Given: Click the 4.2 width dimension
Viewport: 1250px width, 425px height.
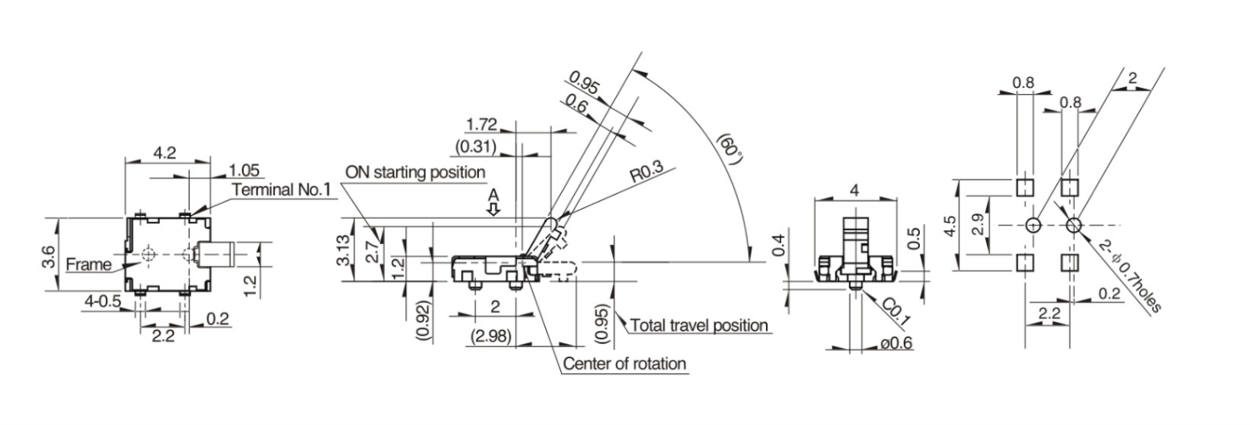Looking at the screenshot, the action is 165,152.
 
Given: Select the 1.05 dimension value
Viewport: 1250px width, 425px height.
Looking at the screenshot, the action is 244,170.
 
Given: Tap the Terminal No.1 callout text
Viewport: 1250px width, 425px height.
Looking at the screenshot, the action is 282,190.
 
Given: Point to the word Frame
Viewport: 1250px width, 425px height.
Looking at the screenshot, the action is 89,264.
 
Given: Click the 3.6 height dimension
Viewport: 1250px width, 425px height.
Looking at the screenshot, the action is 48,257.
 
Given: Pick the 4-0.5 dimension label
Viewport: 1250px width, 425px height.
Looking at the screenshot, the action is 102,301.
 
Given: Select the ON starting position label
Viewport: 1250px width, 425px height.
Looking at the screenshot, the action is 416,172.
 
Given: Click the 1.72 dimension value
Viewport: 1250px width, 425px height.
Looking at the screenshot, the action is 481,124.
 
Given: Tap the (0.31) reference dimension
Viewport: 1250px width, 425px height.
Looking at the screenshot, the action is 476,146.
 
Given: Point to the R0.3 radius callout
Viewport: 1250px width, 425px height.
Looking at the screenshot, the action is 647,172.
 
